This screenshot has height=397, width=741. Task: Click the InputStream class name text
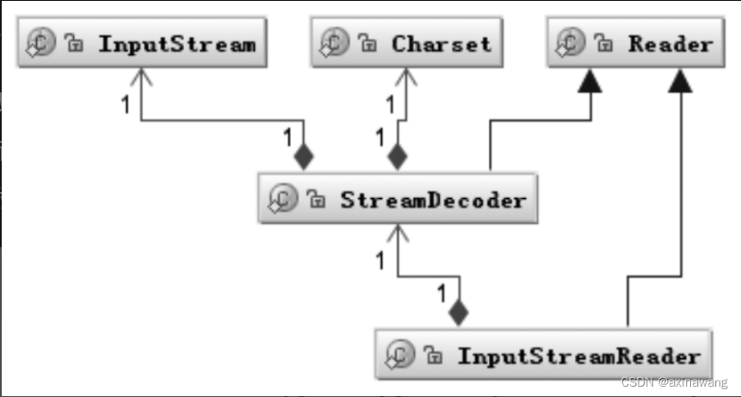(x=177, y=45)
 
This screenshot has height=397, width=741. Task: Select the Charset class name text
(x=442, y=45)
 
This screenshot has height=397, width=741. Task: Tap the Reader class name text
(x=670, y=45)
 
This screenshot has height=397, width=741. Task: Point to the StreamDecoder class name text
(x=433, y=201)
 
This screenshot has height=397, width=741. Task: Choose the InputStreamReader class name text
(x=579, y=357)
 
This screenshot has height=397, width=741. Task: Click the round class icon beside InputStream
(x=40, y=42)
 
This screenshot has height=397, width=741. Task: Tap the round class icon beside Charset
(x=335, y=42)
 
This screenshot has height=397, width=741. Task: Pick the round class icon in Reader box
(x=571, y=42)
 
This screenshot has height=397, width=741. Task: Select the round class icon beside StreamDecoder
(x=283, y=198)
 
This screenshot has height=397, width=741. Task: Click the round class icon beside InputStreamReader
(x=400, y=355)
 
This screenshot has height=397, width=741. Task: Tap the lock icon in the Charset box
(x=367, y=43)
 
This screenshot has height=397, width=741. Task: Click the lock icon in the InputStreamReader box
(x=433, y=355)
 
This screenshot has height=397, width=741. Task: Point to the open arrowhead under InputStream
(x=141, y=77)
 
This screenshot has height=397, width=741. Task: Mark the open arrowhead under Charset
(x=406, y=77)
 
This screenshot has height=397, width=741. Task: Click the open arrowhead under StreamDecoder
(x=398, y=233)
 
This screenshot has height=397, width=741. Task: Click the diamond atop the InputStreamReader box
(x=459, y=313)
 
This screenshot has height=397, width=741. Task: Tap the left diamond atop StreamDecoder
(x=304, y=157)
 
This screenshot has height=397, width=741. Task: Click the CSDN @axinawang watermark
(x=675, y=382)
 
